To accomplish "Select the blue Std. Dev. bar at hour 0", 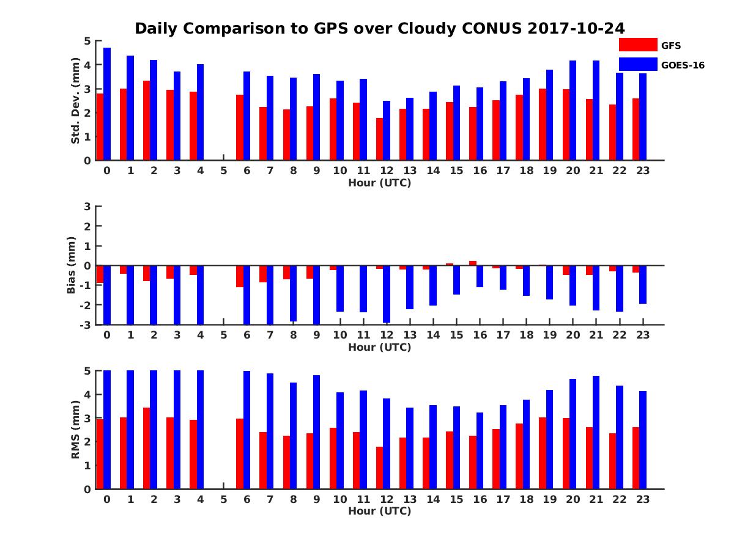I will [107, 104].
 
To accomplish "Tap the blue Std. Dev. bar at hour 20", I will [573, 110].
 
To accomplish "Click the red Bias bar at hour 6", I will [240, 276].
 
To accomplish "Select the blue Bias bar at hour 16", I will [480, 276].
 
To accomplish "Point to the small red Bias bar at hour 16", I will [473, 263].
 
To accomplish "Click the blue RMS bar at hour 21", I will [596, 432].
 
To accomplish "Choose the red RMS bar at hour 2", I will [147, 448].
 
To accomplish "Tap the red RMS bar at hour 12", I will [379, 468].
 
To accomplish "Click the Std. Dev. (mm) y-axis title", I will [76, 101].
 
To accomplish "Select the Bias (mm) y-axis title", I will [71, 265].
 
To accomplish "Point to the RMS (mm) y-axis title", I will [76, 429].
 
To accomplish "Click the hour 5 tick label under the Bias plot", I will [223, 335].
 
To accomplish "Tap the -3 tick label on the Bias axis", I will [86, 324].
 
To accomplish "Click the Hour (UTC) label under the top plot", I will [379, 183].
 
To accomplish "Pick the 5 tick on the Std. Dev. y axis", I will [87, 41].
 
